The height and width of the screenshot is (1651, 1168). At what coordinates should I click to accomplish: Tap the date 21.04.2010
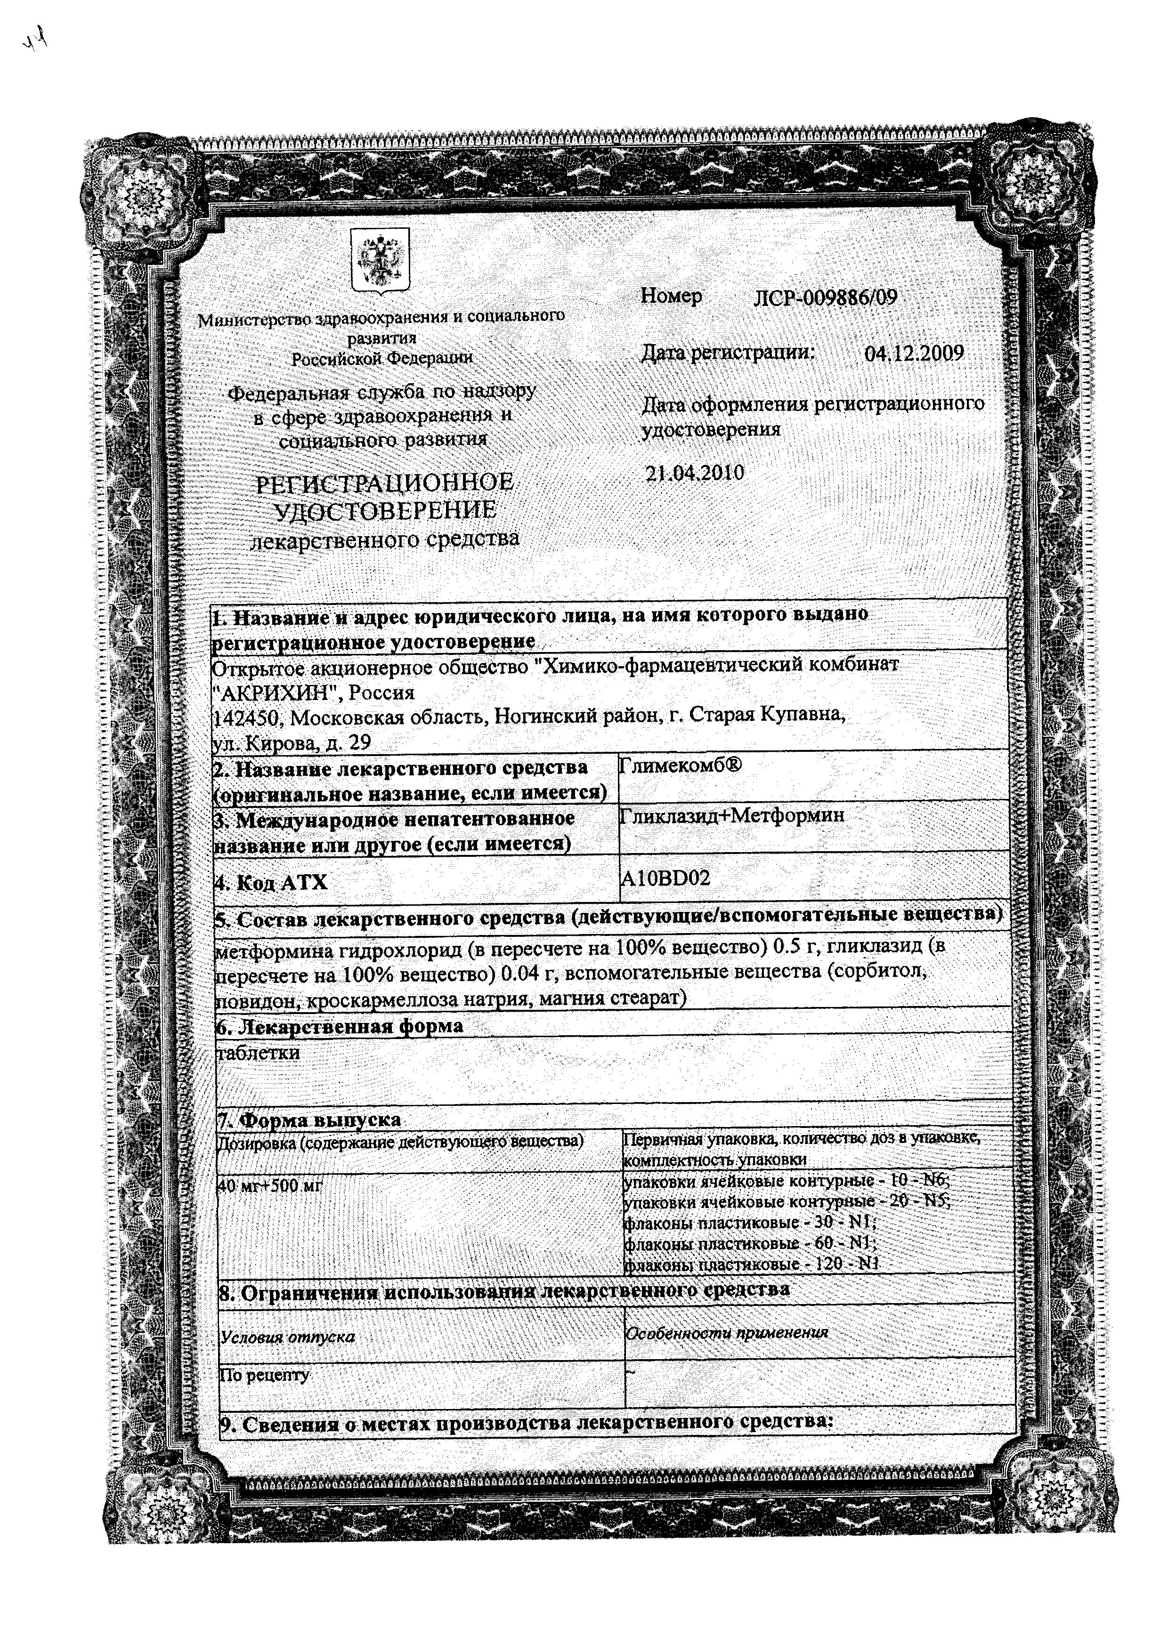[x=695, y=473]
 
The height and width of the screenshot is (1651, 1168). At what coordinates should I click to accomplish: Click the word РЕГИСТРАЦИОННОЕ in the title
[x=386, y=483]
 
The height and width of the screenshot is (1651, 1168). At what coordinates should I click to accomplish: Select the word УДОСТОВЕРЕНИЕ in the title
[x=386, y=510]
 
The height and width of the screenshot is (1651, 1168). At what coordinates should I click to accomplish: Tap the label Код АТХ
[x=271, y=882]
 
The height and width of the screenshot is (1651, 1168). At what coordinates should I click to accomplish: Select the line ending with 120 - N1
[x=752, y=1264]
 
